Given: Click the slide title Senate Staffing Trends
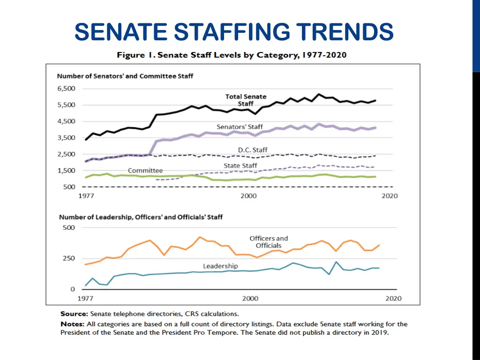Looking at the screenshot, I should click(x=234, y=33).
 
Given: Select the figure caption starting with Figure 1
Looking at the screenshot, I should click(x=232, y=55).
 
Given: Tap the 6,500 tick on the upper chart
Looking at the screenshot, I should click(x=66, y=89).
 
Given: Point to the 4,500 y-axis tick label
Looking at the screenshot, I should click(x=66, y=121).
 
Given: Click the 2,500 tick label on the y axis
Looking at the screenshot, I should click(x=66, y=154).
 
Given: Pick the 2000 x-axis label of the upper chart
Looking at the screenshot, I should click(x=248, y=196).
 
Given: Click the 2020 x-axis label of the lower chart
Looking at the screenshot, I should click(x=393, y=298).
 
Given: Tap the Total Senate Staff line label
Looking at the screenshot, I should click(x=246, y=100).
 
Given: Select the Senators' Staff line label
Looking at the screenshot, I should click(x=240, y=127).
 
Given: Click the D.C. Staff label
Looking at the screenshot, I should click(x=253, y=150).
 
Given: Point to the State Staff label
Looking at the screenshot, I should click(x=240, y=166).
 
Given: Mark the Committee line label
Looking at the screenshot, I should click(x=145, y=171).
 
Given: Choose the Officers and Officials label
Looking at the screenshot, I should click(x=269, y=242).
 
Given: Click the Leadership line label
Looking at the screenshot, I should click(x=220, y=266).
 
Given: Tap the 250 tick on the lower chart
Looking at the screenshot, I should click(x=69, y=258).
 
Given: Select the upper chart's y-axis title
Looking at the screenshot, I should click(x=125, y=76).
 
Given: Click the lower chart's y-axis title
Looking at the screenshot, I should click(x=141, y=217).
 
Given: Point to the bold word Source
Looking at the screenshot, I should click(x=74, y=314).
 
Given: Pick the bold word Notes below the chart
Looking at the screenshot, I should click(x=72, y=324).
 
